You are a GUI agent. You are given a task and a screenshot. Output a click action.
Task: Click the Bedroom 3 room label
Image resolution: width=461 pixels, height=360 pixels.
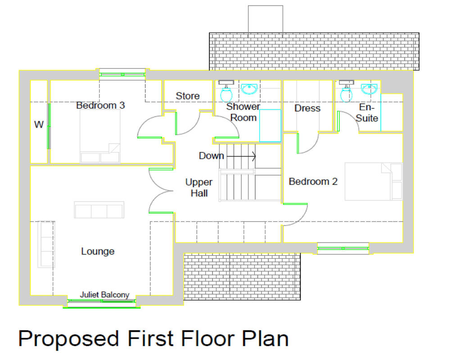[x=100, y=106]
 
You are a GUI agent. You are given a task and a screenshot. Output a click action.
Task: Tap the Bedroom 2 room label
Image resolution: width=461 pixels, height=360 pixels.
[x=313, y=182]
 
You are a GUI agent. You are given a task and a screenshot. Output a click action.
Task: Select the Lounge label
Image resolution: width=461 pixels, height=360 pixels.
[x=98, y=252]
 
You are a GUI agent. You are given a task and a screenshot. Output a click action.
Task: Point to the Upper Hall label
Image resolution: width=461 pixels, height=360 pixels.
[x=199, y=188]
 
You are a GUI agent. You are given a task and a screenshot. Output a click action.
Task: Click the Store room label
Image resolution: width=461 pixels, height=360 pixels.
[x=188, y=96]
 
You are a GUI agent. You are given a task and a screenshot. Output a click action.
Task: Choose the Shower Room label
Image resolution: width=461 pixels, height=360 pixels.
[x=243, y=112]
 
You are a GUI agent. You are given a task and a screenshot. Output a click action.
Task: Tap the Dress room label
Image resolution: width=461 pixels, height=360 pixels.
[x=307, y=108]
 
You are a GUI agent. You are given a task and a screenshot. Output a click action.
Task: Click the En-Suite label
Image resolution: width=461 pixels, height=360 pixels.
[x=367, y=113]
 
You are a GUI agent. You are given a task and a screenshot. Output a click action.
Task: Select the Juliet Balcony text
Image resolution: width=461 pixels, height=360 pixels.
[x=104, y=295]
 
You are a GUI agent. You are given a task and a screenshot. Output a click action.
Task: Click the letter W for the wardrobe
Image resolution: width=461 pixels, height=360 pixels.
[x=39, y=125]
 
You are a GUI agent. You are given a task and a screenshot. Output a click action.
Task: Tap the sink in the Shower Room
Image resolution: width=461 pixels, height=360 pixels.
[x=248, y=89]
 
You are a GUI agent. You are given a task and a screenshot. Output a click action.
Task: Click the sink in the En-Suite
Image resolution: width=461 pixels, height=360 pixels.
[x=369, y=89]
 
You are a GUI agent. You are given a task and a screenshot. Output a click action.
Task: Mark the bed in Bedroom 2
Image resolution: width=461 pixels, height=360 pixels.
[x=373, y=182]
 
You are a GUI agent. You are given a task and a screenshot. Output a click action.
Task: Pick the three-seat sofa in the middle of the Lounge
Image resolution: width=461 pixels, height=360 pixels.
[x=99, y=210]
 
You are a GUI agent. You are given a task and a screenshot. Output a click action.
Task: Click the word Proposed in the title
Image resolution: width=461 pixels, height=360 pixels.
[x=69, y=338]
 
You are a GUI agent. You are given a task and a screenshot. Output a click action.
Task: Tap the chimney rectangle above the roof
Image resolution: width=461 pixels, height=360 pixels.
[x=265, y=19]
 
